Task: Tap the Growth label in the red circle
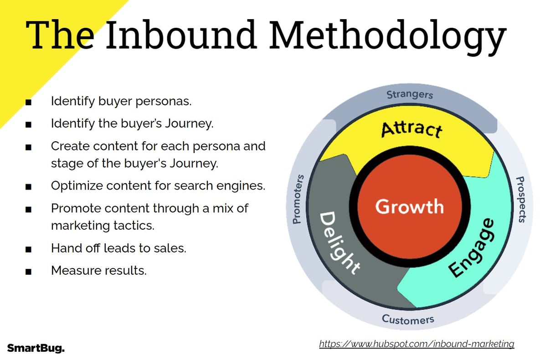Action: pos(409,206)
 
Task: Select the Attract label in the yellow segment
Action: pos(411,129)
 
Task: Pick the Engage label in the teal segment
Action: pos(472,248)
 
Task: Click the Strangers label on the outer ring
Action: pos(410,95)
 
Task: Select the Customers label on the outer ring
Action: pos(408,319)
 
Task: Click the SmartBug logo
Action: pos(36,349)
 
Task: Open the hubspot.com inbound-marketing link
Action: pos(416,344)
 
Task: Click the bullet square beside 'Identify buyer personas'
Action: pos(29,102)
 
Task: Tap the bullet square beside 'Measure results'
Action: pos(29,272)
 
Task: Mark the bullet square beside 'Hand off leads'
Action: pos(29,249)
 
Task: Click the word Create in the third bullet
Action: pos(66,146)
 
